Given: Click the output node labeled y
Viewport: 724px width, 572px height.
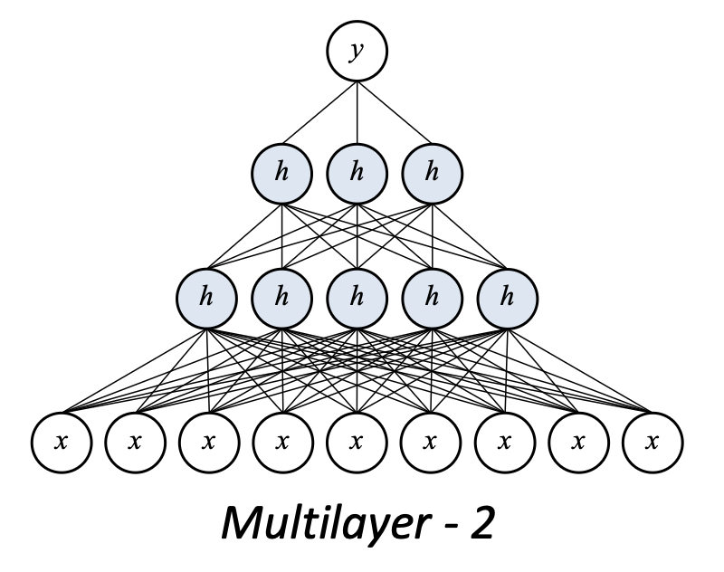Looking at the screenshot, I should click(x=357, y=52).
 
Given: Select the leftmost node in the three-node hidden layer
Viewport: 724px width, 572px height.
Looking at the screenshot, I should click(x=282, y=172).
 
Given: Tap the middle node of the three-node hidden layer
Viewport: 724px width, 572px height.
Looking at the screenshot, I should click(x=357, y=172).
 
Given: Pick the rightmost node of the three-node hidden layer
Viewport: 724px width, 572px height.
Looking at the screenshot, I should click(x=431, y=172).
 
